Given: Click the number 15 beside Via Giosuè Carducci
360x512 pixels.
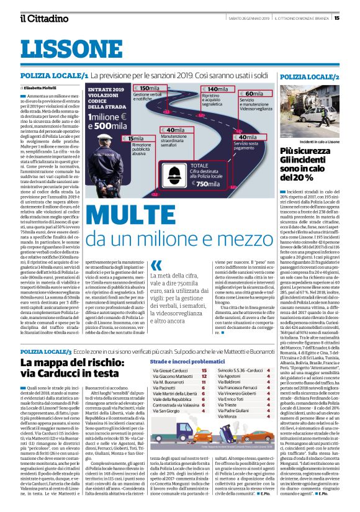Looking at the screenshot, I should pyautogui.click(x=204, y=371).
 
